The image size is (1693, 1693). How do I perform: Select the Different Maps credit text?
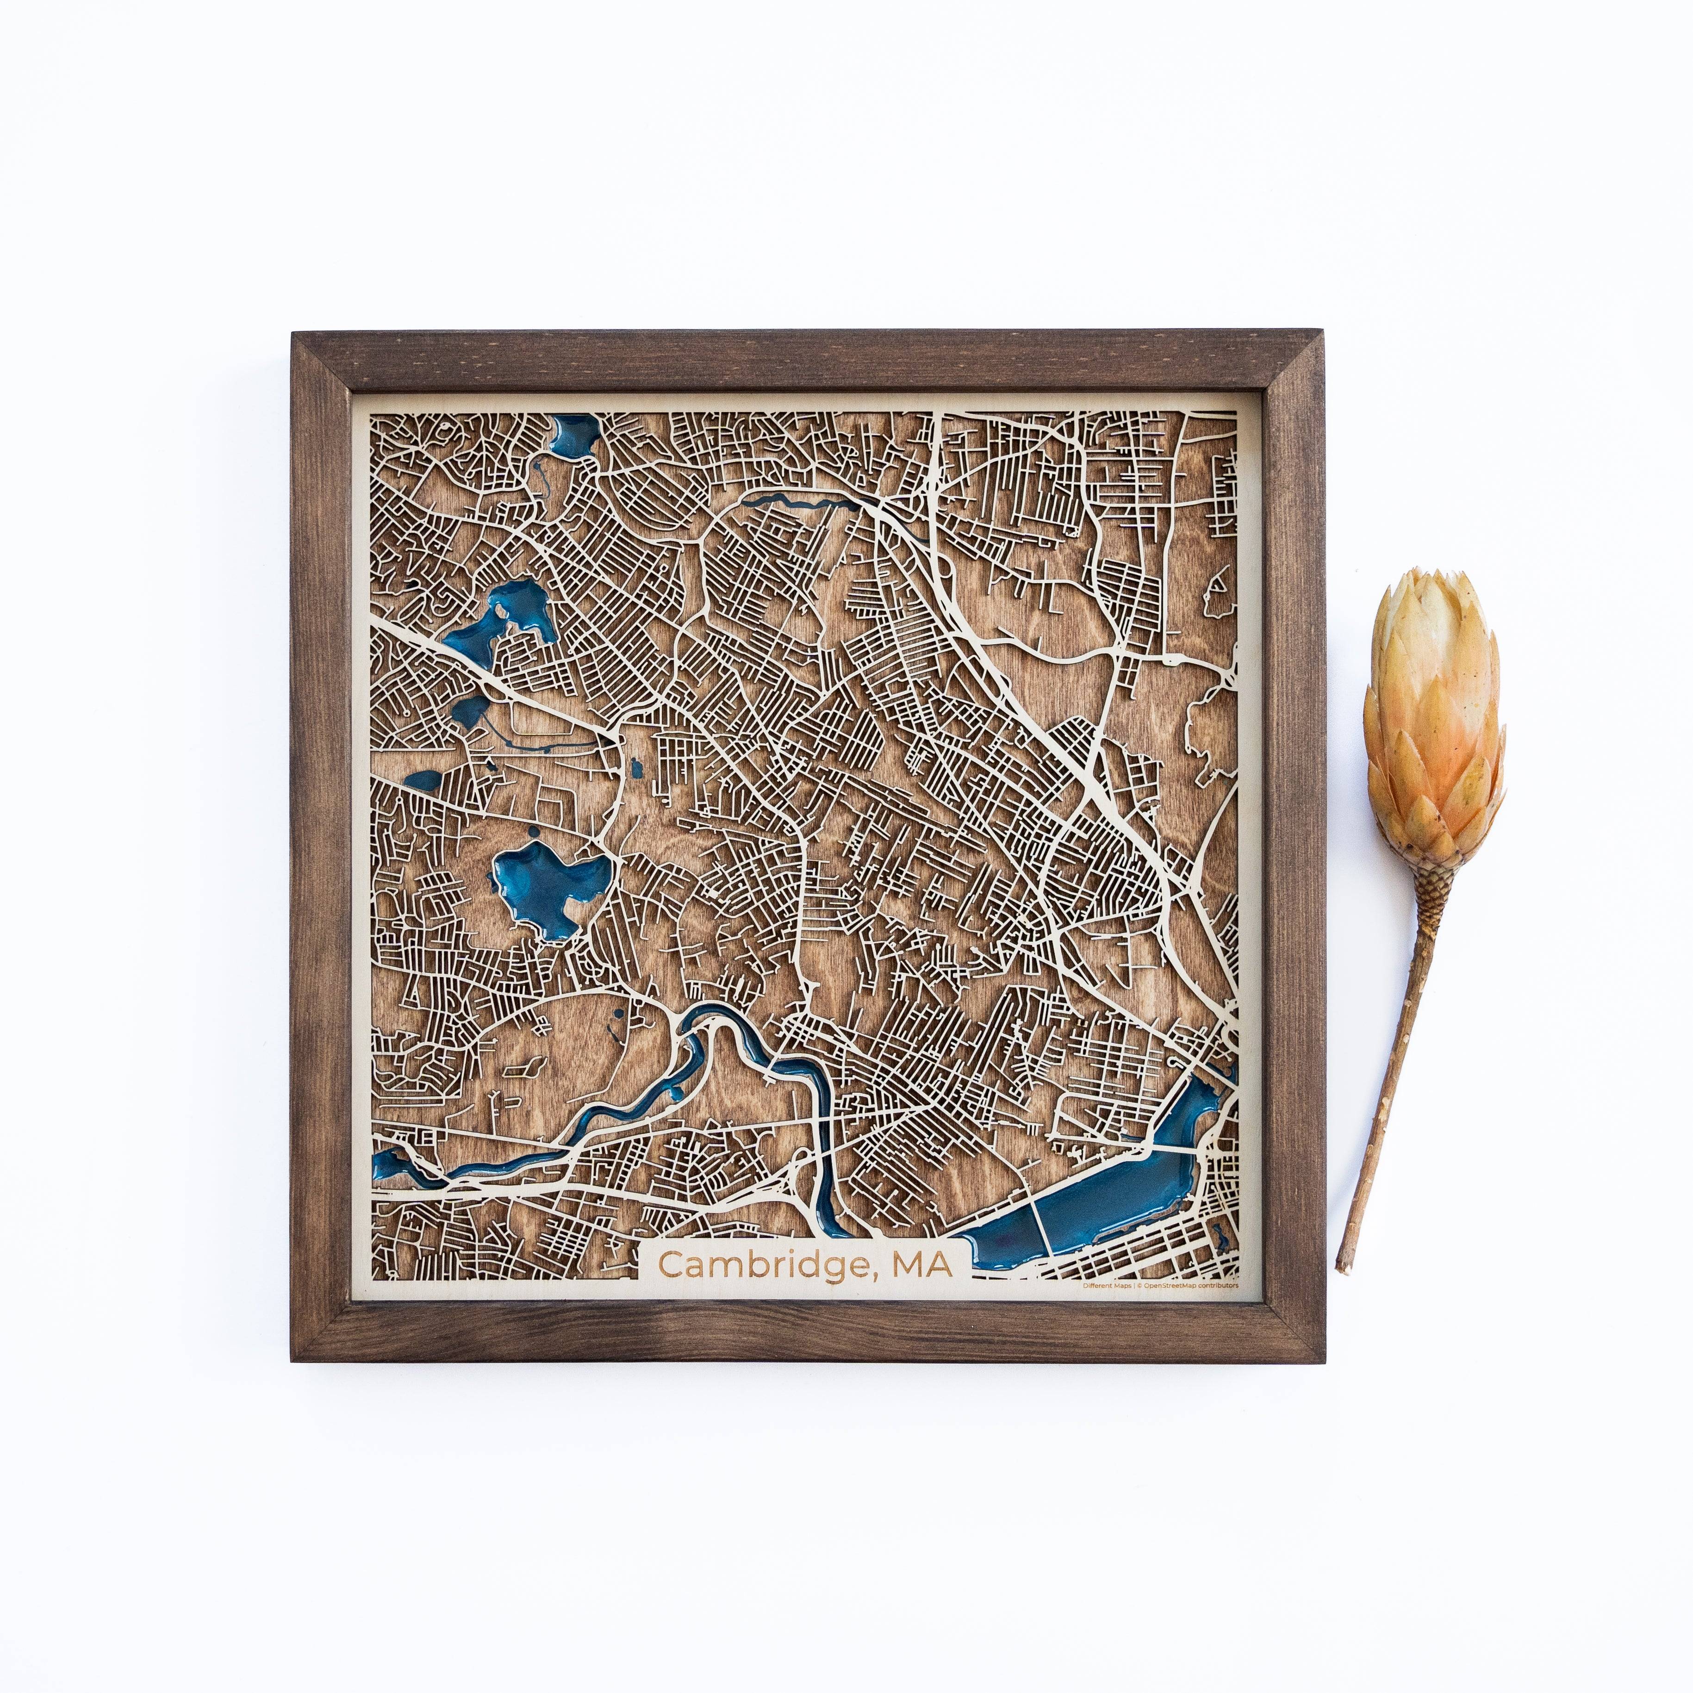pyautogui.click(x=1106, y=1286)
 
